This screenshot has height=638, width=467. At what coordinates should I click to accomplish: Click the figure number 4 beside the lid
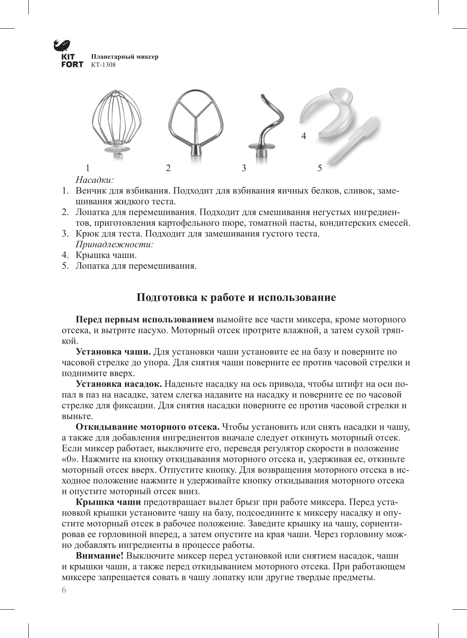[x=304, y=136]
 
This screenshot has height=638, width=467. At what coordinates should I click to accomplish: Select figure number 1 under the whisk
[x=87, y=168]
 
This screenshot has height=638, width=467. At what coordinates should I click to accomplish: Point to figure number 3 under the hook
[x=244, y=168]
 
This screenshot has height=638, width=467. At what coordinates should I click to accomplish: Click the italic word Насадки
[x=95, y=180]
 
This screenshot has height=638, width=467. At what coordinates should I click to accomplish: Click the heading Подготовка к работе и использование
[x=236, y=298]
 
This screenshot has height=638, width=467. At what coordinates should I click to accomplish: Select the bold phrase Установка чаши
[x=113, y=352]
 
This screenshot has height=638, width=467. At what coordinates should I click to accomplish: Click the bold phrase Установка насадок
[x=119, y=384]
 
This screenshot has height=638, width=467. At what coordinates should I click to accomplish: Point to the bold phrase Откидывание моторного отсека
[x=148, y=427]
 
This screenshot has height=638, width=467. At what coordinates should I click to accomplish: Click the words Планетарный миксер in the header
[x=125, y=57]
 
